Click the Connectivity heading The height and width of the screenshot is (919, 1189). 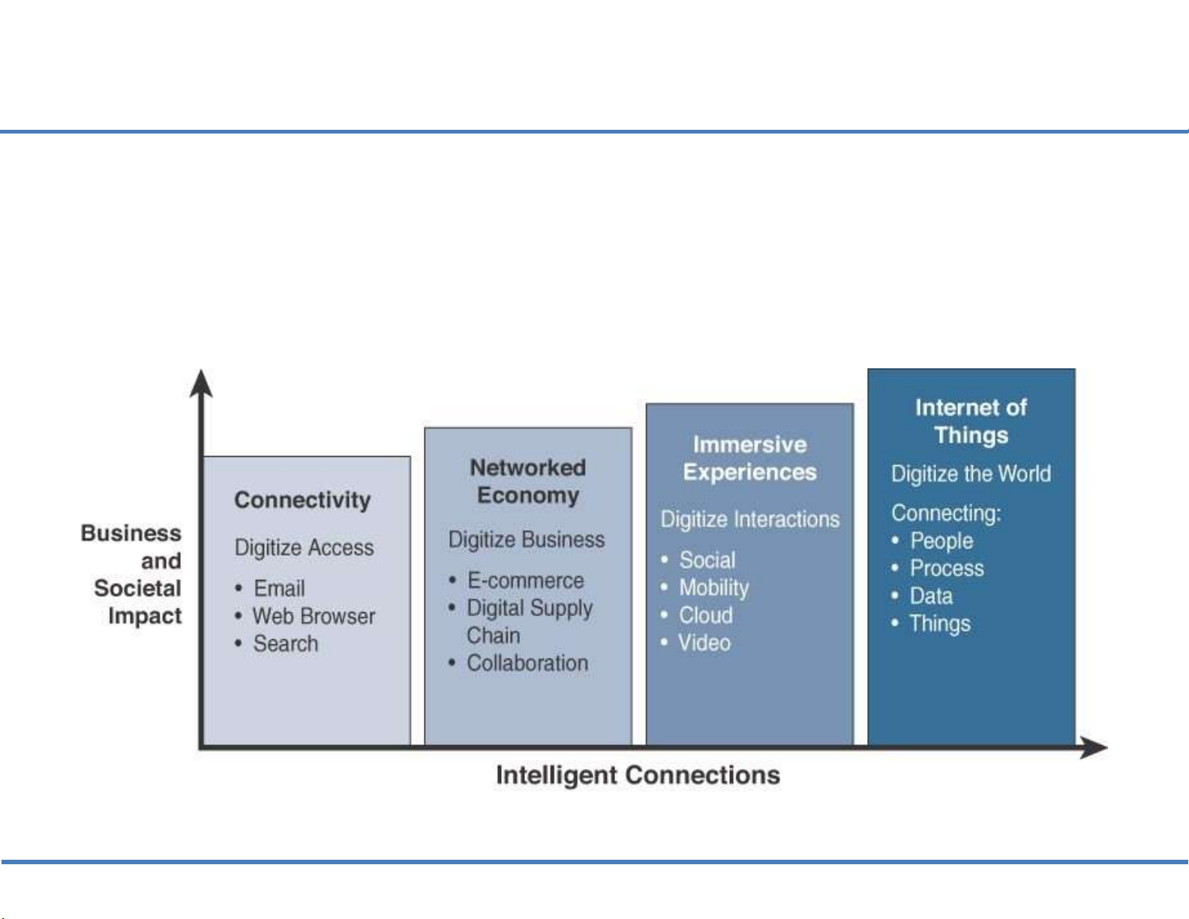click(x=302, y=500)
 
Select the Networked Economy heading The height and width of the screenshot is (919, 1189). click(x=528, y=482)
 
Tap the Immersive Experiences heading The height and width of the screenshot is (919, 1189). click(x=749, y=458)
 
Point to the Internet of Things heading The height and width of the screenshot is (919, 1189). click(x=971, y=422)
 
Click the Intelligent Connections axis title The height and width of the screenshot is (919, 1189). click(x=638, y=775)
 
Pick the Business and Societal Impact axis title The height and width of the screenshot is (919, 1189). click(x=135, y=575)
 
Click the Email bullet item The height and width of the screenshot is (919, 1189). click(x=279, y=588)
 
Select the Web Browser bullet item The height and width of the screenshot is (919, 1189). click(x=314, y=616)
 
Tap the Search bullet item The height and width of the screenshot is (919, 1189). click(x=285, y=644)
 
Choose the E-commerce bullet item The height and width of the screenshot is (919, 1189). click(x=525, y=581)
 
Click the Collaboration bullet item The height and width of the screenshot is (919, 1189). click(x=527, y=663)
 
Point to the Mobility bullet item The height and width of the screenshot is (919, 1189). click(x=713, y=587)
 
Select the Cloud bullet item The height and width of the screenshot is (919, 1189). click(x=705, y=615)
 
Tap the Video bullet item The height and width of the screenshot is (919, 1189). click(x=704, y=643)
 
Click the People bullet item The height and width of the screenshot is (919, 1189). click(x=941, y=541)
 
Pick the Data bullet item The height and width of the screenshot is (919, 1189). click(x=931, y=596)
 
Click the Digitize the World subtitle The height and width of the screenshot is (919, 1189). click(x=971, y=474)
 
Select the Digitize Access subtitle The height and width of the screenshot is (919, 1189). click(x=304, y=548)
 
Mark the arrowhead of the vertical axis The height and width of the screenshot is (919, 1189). click(x=201, y=383)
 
